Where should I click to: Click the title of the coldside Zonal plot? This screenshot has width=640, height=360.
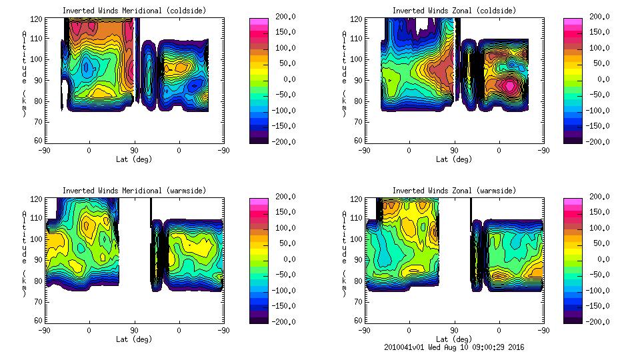coord(454,10)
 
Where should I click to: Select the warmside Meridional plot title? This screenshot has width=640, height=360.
coord(134,190)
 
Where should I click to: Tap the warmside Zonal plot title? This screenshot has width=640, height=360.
coord(454,190)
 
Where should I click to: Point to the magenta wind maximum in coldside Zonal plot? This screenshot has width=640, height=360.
coord(509,85)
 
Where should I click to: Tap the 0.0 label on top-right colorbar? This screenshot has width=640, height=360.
coord(598,79)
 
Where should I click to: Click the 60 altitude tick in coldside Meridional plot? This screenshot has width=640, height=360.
coord(37,141)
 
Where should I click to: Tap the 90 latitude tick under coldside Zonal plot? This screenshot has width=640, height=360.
coord(454,151)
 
